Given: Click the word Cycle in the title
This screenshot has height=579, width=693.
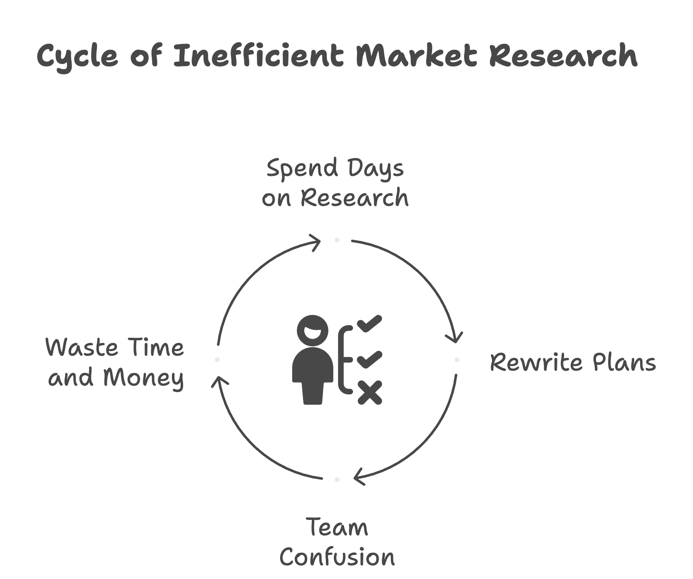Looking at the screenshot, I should (77, 56).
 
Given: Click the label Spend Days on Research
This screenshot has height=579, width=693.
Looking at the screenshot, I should (335, 183).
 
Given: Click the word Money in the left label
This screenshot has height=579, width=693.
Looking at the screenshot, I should (143, 378).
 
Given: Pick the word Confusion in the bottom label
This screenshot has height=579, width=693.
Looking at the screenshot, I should (337, 557).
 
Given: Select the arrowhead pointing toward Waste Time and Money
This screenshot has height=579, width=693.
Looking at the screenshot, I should (219, 381).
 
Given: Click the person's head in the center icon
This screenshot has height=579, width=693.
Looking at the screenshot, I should (312, 331).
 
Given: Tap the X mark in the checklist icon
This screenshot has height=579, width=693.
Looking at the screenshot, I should (370, 392).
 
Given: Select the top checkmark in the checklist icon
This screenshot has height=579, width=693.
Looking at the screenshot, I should (369, 323).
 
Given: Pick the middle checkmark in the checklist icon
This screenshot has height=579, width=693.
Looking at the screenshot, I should (369, 359).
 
